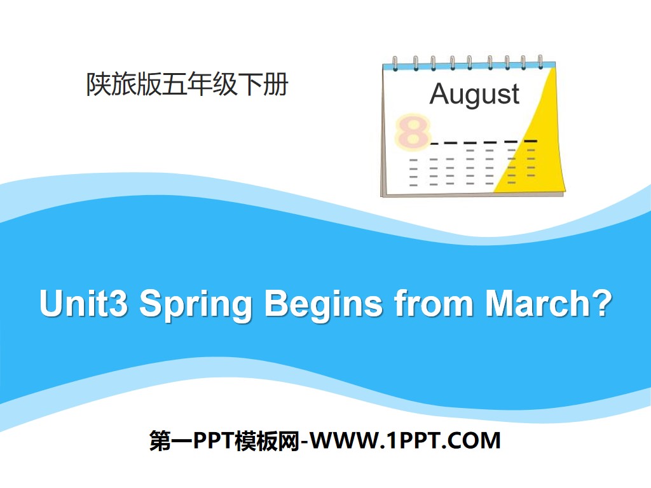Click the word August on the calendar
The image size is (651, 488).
pos(474,94)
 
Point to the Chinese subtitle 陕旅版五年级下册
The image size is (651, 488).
pos(187,85)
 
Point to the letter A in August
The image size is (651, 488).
pos(439,94)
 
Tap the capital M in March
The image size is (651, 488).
pos(500,304)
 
